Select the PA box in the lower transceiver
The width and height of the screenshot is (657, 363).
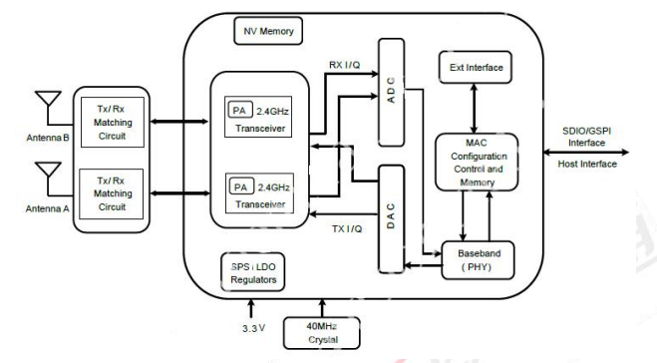pos(239,184)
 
